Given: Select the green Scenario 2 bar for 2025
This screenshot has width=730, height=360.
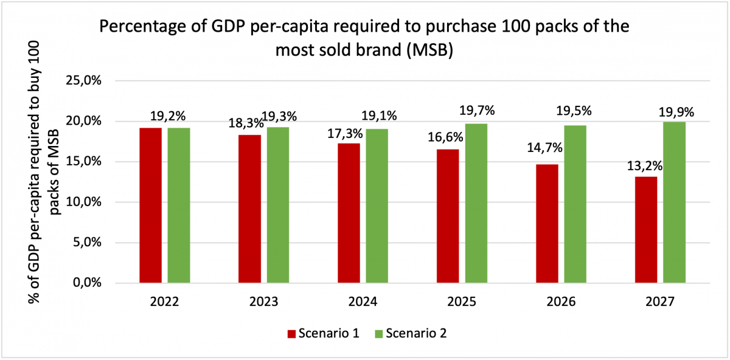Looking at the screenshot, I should coord(476,203).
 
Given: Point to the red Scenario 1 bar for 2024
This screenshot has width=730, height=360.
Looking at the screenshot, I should coord(349,213).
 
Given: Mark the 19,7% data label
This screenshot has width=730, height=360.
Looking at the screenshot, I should coord(478,111).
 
